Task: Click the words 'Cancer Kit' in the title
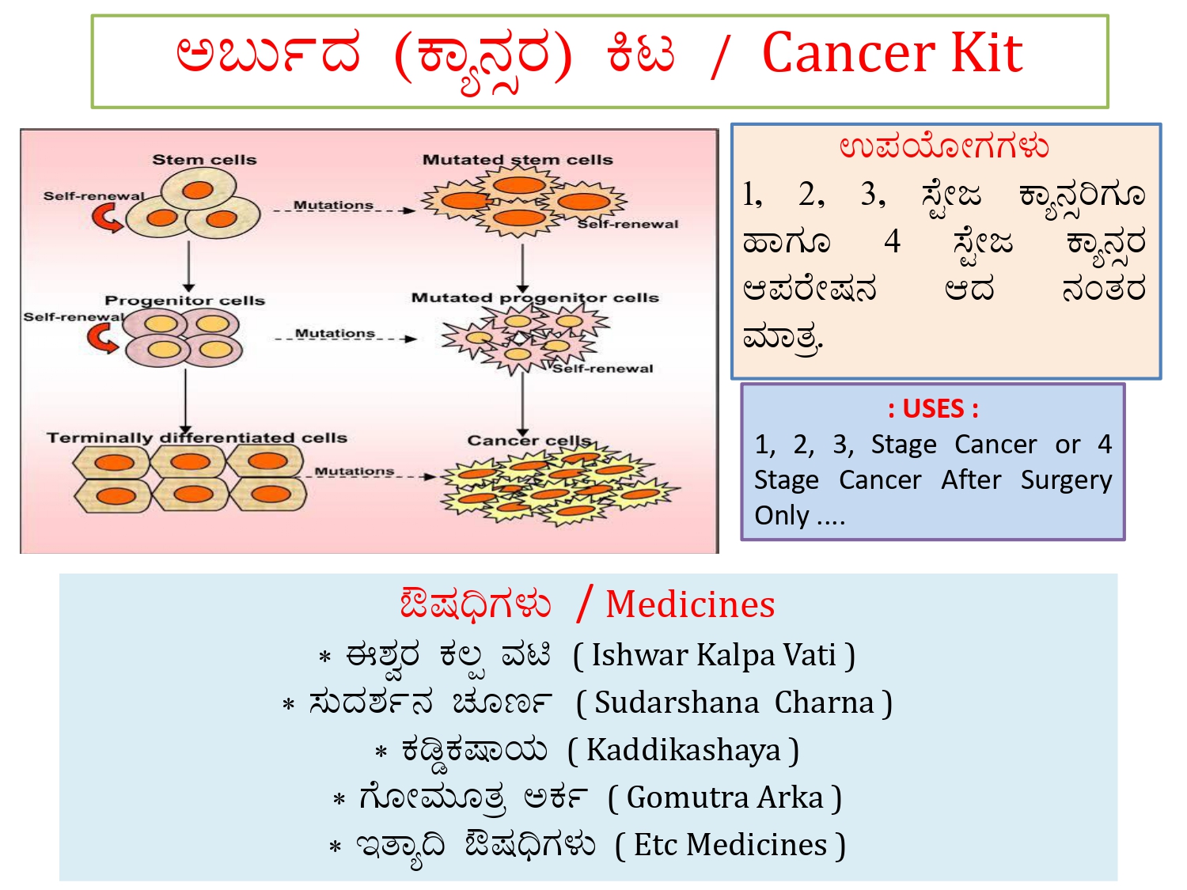tap(892, 53)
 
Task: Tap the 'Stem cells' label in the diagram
tap(204, 160)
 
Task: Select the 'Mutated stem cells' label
tap(518, 160)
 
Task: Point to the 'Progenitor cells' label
tap(184, 301)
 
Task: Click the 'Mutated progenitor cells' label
tap(535, 298)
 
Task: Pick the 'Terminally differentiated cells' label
tap(196, 437)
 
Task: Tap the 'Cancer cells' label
tap(529, 440)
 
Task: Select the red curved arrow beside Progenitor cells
tap(102, 338)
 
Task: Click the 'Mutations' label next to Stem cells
tap(333, 205)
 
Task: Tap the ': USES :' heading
tap(933, 409)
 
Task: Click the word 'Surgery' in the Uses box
tap(1066, 480)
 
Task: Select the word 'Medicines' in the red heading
tap(690, 604)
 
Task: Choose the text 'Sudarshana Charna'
tap(734, 703)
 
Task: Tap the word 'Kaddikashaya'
tap(683, 750)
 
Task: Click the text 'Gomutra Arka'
tap(724, 797)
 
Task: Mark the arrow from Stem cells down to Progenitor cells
tap(188, 267)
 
